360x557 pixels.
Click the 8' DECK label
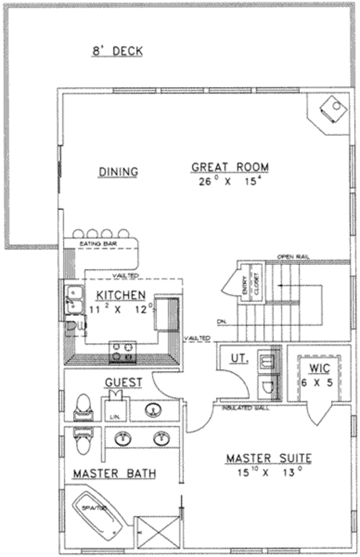pyautogui.click(x=117, y=51)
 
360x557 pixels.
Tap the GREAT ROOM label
pyautogui.click(x=230, y=167)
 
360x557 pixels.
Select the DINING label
pyautogui.click(x=118, y=172)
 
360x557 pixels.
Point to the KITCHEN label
pyautogui.click(x=121, y=295)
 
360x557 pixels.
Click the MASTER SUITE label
pyautogui.click(x=268, y=459)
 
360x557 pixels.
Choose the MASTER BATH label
pyautogui.click(x=114, y=474)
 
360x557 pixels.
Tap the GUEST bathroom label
pyautogui.click(x=123, y=382)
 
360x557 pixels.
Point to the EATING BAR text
pyautogui.click(x=98, y=244)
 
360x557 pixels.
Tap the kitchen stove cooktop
pyautogui.click(x=122, y=352)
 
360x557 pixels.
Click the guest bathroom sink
pyautogui.click(x=152, y=411)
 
